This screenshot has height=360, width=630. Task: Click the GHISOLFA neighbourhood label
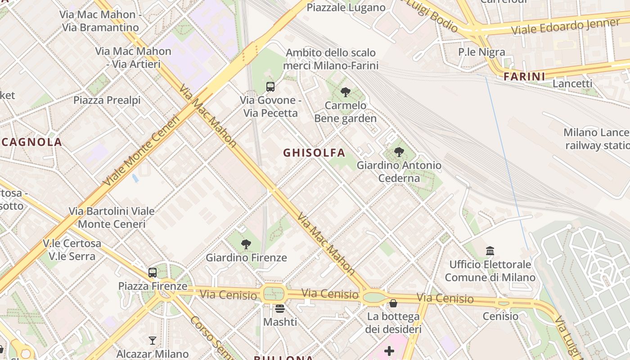314,153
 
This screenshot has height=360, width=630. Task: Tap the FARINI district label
524,76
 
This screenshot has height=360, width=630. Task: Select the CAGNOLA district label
31,143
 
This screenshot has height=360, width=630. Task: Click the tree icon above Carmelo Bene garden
346,92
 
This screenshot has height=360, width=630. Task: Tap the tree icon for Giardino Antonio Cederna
399,152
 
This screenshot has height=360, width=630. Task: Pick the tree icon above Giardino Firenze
246,244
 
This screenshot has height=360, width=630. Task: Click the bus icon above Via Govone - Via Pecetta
270,87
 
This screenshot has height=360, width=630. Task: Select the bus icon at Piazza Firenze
153,272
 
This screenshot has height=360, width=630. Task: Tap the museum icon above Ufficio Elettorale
490,251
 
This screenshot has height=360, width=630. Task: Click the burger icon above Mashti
280,309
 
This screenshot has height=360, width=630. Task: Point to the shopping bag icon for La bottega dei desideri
393,303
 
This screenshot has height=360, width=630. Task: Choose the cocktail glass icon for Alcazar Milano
153,341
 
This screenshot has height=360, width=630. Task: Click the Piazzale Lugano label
346,8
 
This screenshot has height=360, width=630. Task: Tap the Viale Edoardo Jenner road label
565,27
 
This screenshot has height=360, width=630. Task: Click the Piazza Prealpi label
107,100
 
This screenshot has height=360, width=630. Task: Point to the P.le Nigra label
481,52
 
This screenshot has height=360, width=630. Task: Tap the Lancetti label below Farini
572,84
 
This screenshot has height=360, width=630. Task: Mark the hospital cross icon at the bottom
389,351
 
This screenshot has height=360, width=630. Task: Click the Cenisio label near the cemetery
500,316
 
